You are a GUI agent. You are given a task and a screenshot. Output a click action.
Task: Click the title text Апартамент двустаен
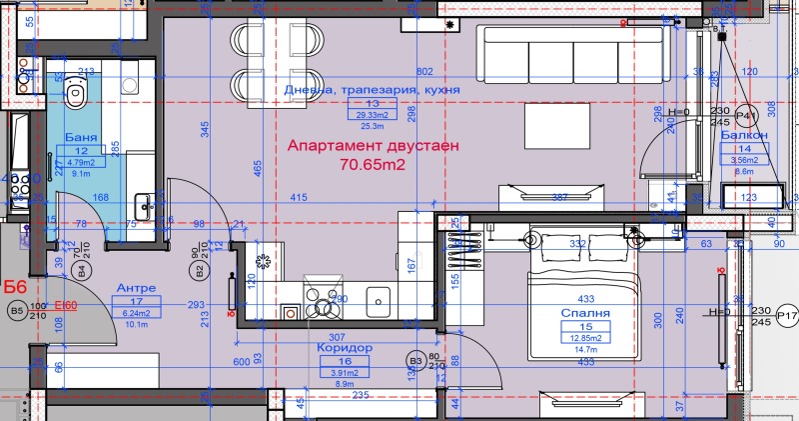tap(373, 145)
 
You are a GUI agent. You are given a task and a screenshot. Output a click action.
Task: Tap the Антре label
tap(136, 287)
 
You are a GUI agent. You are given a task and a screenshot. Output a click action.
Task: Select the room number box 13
tap(373, 104)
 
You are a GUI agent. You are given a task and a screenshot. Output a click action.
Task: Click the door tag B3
tap(414, 361)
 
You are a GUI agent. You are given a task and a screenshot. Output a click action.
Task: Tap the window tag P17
tap(788, 318)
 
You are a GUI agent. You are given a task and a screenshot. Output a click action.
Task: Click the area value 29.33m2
tap(373, 116)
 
